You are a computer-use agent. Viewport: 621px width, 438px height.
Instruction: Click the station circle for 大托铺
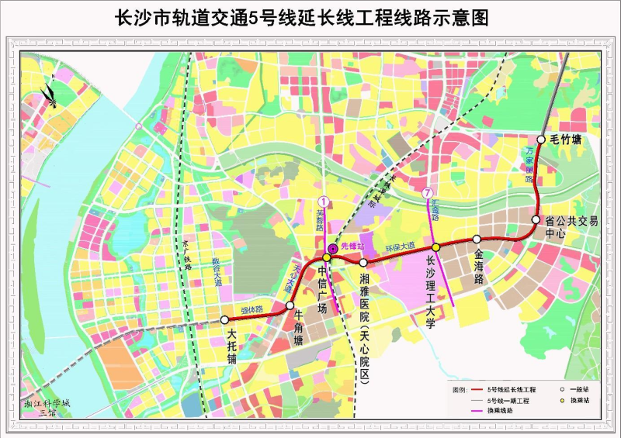point(225,319)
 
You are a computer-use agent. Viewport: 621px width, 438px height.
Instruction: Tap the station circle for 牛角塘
point(290,305)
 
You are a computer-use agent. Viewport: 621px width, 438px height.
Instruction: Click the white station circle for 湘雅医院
point(363,263)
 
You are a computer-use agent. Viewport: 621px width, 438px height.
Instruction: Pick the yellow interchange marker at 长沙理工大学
point(436,247)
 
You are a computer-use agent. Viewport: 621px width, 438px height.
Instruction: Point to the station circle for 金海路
point(477,240)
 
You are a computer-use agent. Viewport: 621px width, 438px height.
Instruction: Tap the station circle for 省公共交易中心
point(536,220)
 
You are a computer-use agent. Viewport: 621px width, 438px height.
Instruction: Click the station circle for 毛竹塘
point(541,140)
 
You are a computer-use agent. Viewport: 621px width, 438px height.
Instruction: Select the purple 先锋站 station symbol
point(333,246)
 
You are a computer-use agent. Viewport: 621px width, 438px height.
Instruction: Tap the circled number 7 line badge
point(428,191)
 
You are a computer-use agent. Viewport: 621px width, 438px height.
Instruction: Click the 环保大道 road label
point(401,250)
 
